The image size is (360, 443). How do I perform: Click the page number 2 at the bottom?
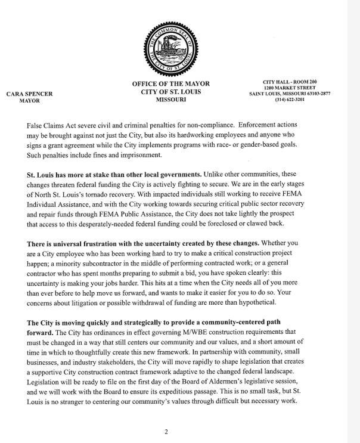coord(166,431)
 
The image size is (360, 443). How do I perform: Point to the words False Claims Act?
coord(50,127)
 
